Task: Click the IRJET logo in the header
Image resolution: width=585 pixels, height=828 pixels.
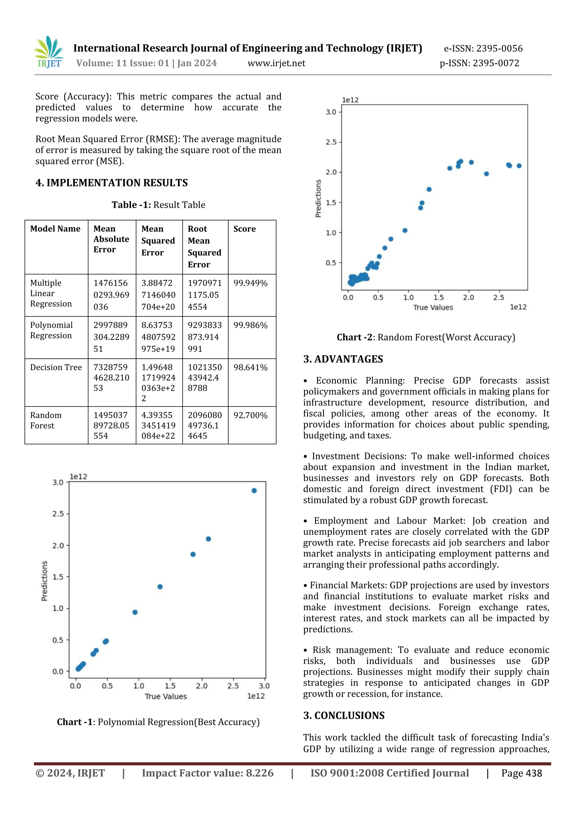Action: click(49, 52)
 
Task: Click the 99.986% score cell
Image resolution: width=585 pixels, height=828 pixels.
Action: click(250, 325)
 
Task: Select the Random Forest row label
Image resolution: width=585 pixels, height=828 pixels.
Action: click(46, 420)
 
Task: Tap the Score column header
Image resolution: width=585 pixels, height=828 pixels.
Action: click(245, 229)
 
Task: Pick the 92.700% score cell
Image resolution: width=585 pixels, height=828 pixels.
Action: click(250, 416)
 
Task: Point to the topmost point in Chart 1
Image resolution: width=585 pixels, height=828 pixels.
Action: click(254, 490)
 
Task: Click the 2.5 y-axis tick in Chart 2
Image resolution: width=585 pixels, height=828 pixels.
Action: click(331, 142)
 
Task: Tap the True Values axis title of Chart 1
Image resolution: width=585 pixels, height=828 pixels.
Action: click(166, 696)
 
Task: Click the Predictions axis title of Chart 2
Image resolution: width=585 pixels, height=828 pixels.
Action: click(318, 198)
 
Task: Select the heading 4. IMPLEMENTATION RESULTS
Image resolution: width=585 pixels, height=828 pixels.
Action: click(111, 183)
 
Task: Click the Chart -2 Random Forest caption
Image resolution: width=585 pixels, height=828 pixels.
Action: click(426, 337)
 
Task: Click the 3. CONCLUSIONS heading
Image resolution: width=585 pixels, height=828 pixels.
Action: click(344, 715)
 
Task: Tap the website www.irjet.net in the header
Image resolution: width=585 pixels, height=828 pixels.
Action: click(276, 63)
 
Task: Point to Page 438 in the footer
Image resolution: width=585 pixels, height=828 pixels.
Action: click(521, 773)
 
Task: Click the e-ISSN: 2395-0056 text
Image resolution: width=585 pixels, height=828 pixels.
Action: click(483, 49)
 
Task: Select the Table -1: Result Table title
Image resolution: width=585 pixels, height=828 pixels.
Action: click(158, 205)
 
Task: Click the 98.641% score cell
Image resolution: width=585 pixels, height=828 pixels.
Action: click(250, 368)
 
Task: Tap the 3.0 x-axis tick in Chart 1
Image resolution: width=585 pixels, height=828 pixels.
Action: click(264, 686)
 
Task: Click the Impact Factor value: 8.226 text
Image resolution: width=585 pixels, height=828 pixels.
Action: click(208, 773)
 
